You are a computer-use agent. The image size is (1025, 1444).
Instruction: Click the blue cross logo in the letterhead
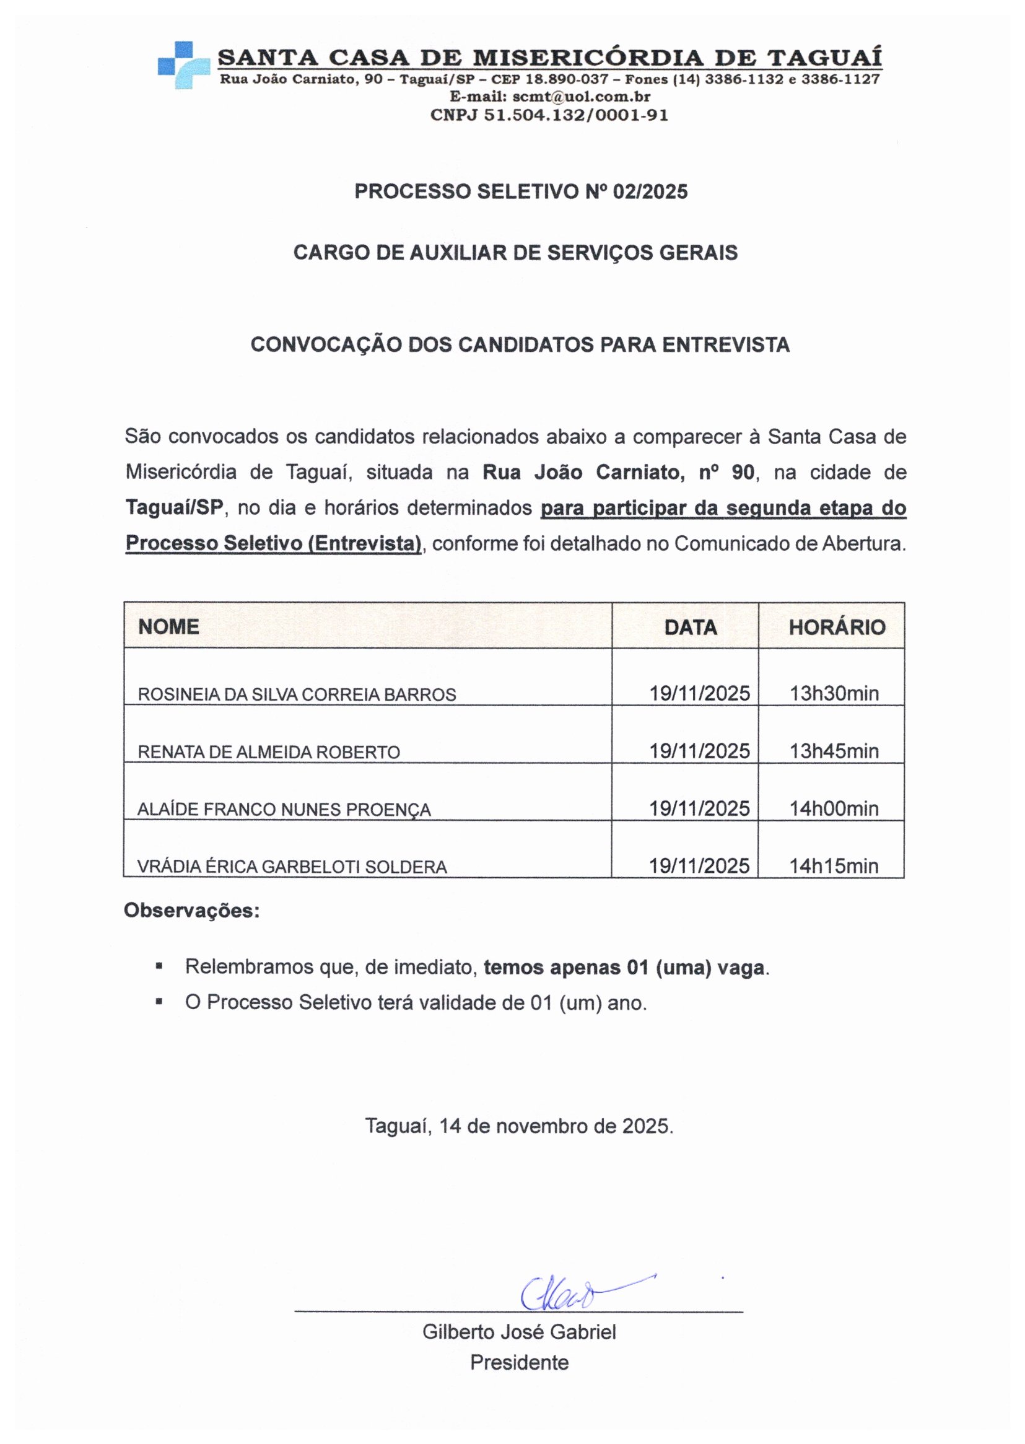coord(183,64)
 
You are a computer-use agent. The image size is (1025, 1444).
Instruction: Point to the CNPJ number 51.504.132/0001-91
coord(575,115)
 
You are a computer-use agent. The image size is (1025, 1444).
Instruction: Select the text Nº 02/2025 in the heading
coord(636,191)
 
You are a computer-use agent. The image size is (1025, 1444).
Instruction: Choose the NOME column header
coord(168,626)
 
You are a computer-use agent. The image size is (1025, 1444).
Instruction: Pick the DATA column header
coord(690,627)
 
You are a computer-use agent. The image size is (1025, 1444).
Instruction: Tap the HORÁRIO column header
coord(836,627)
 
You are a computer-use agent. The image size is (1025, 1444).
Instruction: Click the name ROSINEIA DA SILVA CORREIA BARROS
coord(297,694)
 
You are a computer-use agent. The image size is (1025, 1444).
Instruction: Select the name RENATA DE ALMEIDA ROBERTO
coord(268,751)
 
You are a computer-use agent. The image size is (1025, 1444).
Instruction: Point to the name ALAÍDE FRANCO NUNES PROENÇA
coord(284,809)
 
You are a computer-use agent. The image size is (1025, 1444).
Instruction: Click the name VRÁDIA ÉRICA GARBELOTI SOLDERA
coord(292,867)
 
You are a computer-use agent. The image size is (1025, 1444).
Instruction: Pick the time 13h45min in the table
coord(834,751)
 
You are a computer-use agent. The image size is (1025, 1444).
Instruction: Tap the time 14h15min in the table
coord(834,866)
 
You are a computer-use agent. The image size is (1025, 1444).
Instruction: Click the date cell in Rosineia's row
coord(699,693)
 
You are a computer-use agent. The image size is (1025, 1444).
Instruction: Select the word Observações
coord(191,910)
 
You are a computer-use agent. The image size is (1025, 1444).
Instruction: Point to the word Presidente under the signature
coord(519,1362)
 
